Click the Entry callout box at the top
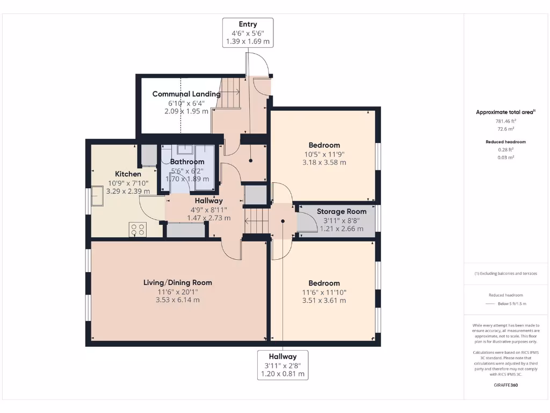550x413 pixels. click(x=248, y=32)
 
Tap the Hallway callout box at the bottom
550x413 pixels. click(x=283, y=365)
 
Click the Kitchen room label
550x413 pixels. click(x=128, y=174)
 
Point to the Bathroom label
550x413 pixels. click(x=187, y=161)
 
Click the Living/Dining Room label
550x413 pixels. click(x=177, y=282)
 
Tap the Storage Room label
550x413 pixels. click(x=341, y=211)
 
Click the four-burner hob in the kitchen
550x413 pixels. click(x=137, y=230)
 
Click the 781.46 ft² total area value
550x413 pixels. click(x=505, y=122)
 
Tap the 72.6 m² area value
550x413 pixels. click(x=505, y=129)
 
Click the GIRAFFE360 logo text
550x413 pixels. click(x=505, y=385)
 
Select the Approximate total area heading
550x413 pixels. click(x=505, y=112)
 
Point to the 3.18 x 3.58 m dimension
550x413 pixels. click(x=324, y=162)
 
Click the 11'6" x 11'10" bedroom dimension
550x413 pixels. click(x=324, y=293)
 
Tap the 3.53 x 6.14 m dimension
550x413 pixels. click(x=177, y=300)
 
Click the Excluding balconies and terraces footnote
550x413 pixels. click(x=505, y=273)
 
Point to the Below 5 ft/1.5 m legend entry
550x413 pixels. click(x=505, y=304)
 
